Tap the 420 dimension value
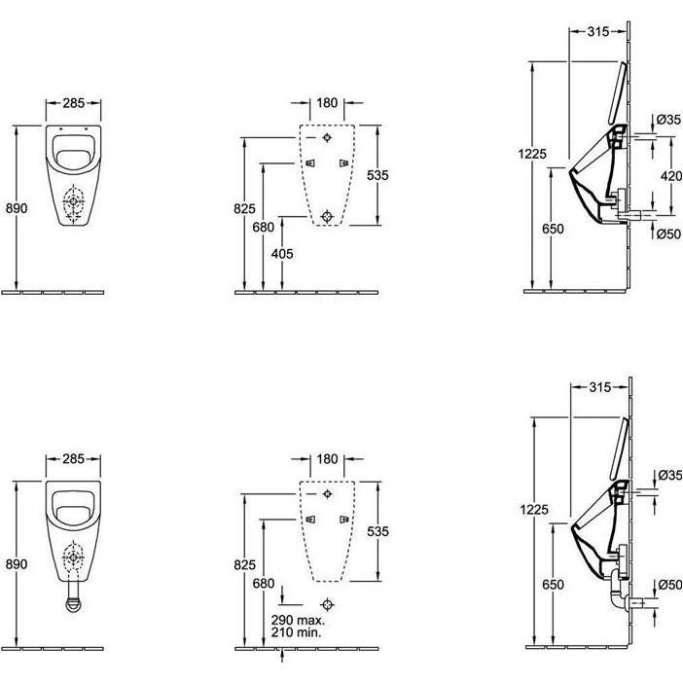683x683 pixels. pos(670,176)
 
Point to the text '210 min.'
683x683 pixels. pos(299,633)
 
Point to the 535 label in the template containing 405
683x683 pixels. pos(377,175)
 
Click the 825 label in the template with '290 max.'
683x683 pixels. pos(244,563)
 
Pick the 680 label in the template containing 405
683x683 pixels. pos(263,228)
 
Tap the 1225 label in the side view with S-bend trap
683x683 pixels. pos(533,509)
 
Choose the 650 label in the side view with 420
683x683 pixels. pos(551,228)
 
